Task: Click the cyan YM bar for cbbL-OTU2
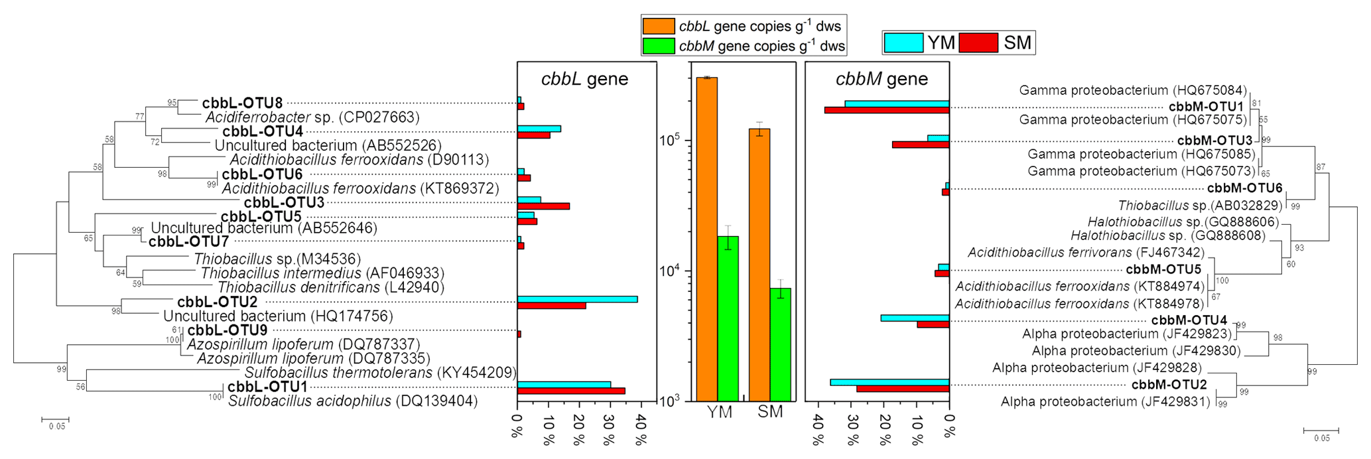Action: tap(577, 299)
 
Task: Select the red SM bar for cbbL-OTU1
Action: tap(571, 391)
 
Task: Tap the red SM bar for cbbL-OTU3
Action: tap(543, 206)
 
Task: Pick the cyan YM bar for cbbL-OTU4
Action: tap(539, 129)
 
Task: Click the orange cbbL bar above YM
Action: tap(707, 239)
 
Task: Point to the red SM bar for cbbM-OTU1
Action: tap(887, 110)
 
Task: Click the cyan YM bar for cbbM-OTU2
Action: tap(889, 382)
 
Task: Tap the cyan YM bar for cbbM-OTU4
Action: tap(915, 318)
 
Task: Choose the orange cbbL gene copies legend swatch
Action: tap(658, 27)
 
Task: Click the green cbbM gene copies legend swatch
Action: tap(658, 46)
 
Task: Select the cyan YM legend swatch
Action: tap(903, 42)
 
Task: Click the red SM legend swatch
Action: tap(978, 42)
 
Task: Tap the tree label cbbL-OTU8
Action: tap(242, 103)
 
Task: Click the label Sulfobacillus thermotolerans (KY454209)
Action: tap(380, 373)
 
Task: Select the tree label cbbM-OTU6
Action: tap(1244, 188)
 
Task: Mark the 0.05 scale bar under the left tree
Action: tap(55, 419)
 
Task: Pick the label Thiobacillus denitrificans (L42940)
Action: tap(330, 287)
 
